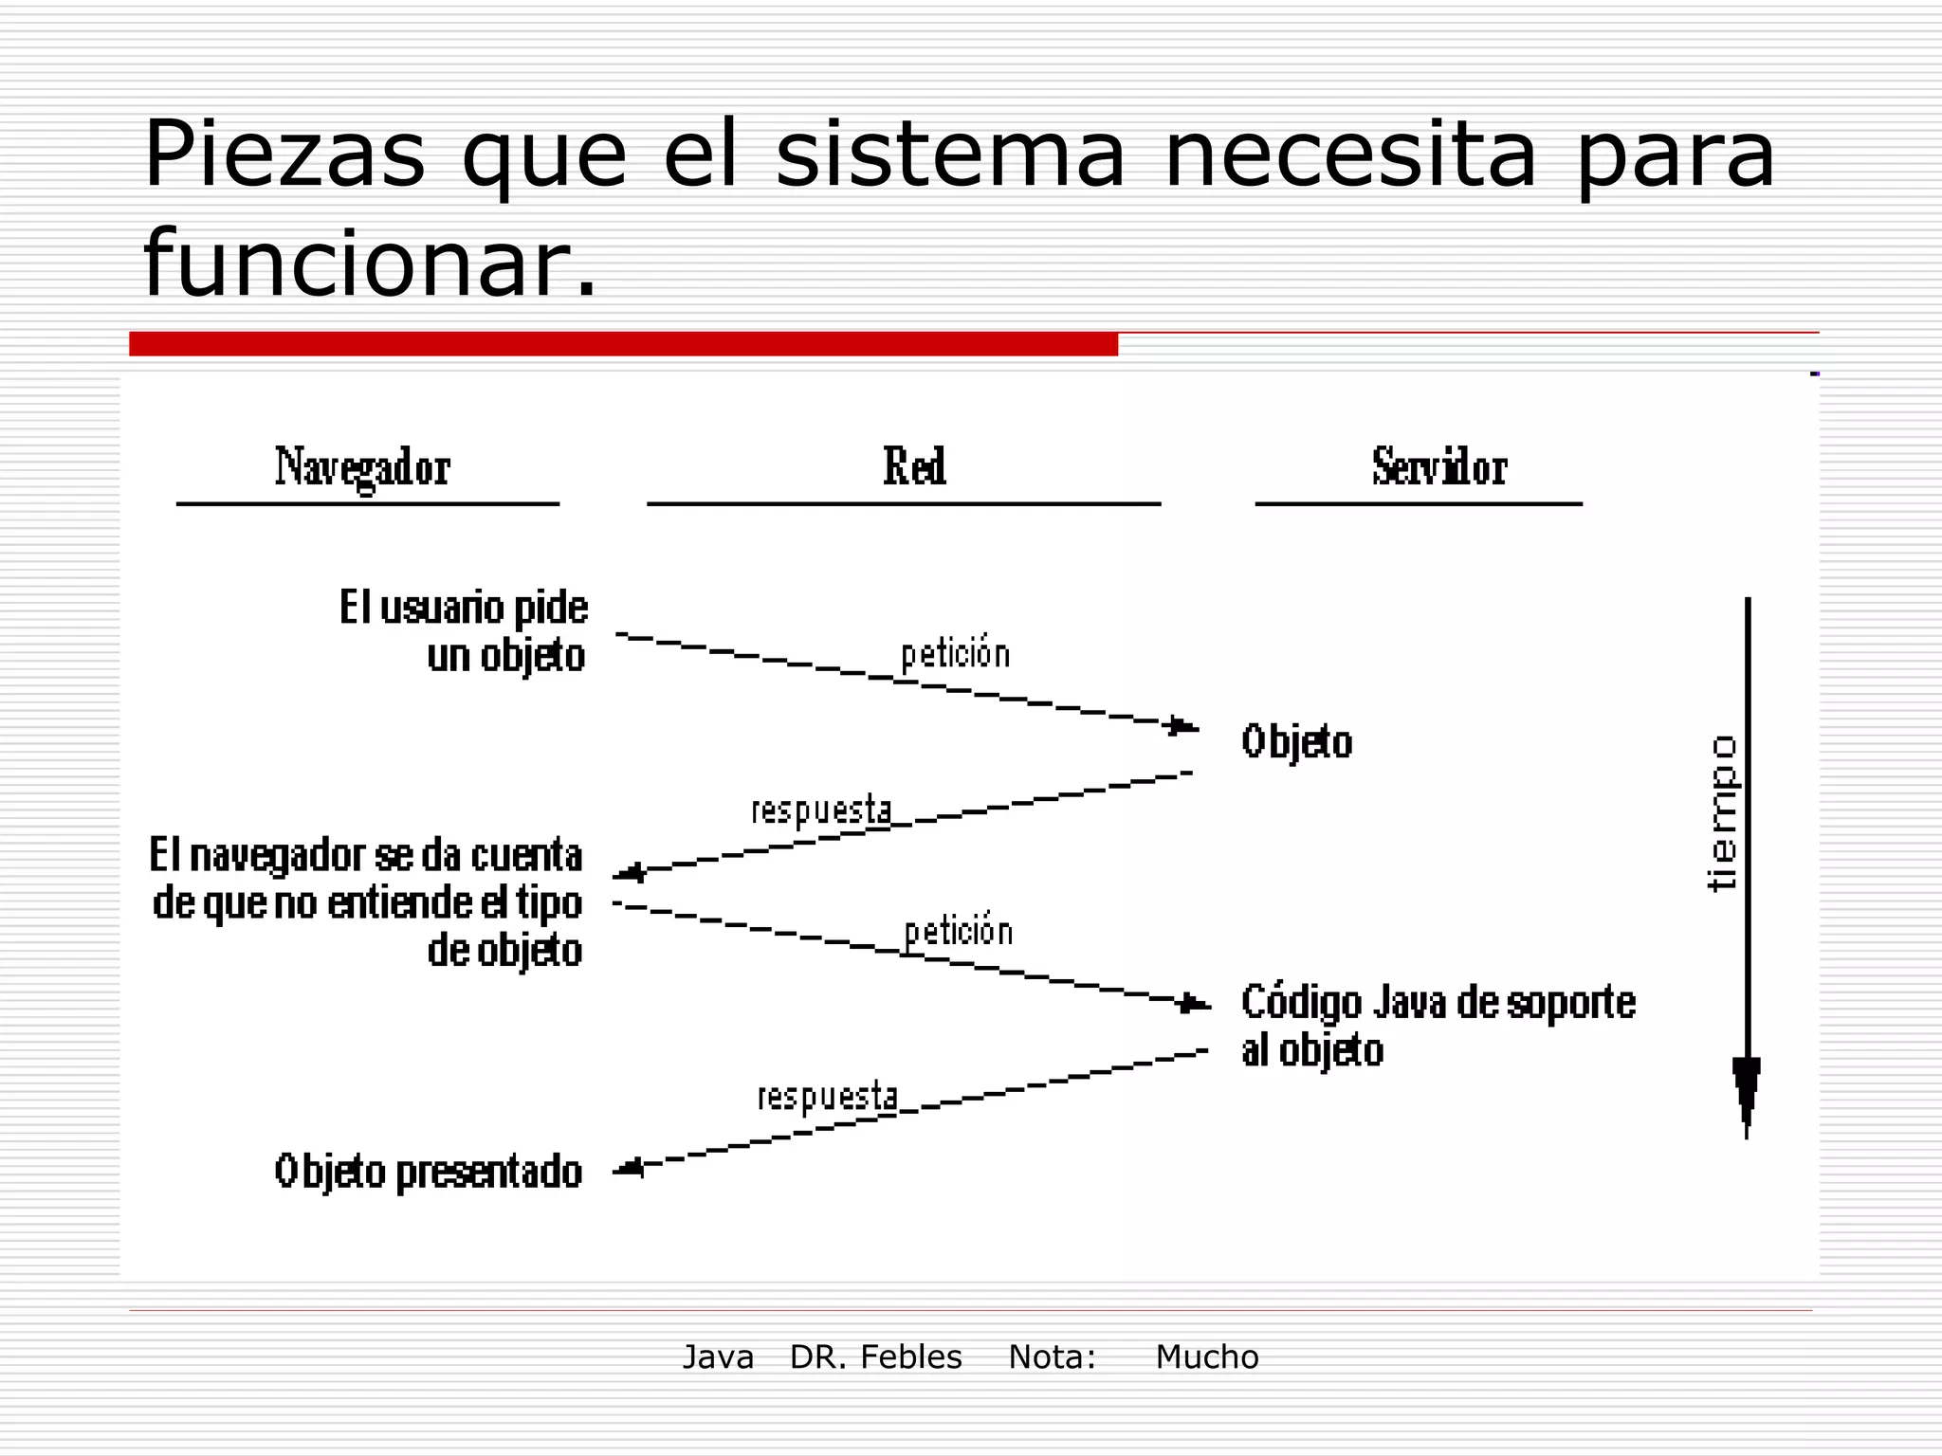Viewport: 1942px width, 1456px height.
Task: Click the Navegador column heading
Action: pos(362,468)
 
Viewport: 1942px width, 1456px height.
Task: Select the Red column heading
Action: pos(914,466)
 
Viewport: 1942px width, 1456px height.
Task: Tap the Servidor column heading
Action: pos(1438,467)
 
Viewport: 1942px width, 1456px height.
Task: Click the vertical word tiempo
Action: pos(1721,813)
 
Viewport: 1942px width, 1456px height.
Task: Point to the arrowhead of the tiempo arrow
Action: pos(1747,1090)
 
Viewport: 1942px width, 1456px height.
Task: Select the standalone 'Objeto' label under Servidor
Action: pos(1296,741)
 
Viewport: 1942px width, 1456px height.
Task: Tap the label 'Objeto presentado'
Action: pos(429,1172)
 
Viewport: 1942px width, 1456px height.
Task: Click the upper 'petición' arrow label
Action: pos(955,654)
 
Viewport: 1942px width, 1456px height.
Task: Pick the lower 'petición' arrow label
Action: pos(959,932)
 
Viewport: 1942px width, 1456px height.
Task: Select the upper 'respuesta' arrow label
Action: pos(821,810)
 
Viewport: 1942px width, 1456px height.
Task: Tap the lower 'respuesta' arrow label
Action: pos(827,1097)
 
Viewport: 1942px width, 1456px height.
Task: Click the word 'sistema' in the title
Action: pos(950,154)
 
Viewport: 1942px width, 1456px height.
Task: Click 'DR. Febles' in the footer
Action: pos(875,1357)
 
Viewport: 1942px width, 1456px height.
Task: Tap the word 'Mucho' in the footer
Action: pos(1206,1357)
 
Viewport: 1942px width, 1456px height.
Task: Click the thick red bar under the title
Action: pos(623,344)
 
